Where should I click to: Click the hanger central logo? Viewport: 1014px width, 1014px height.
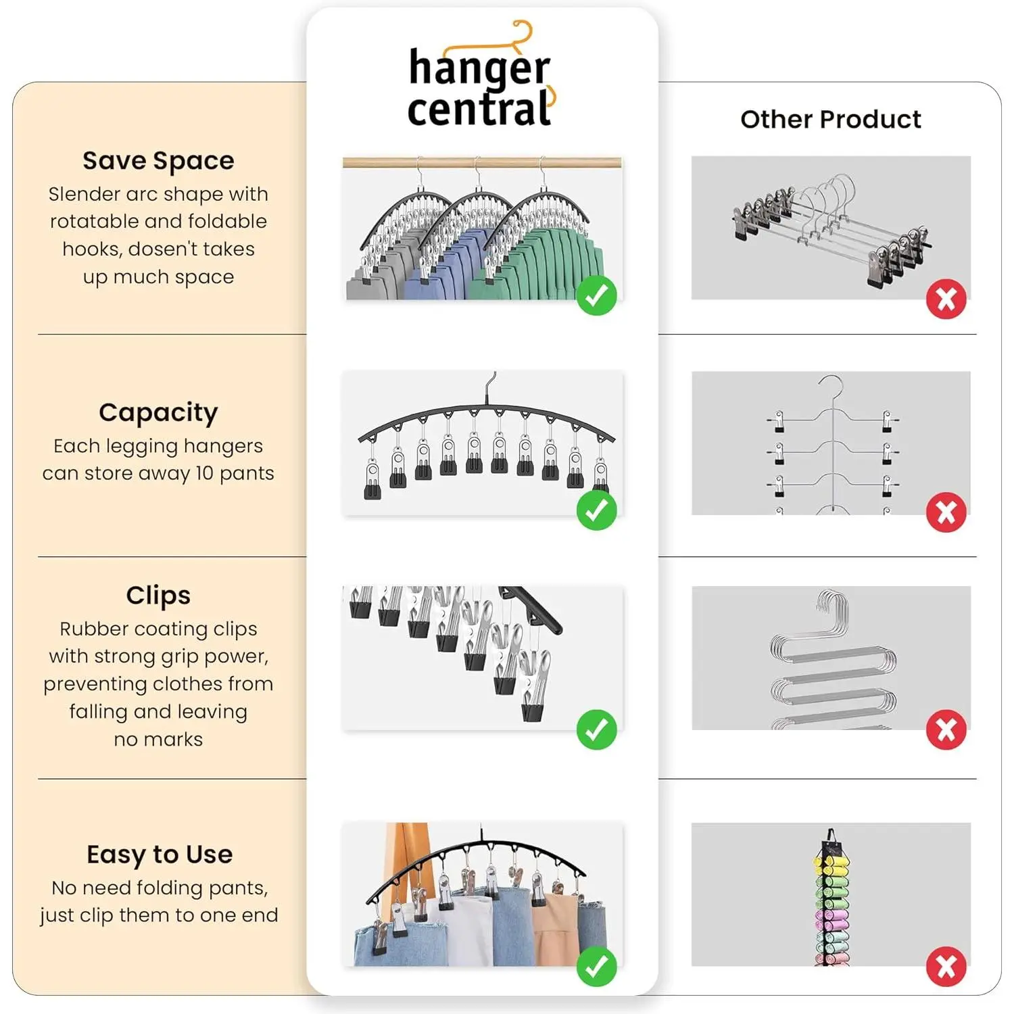[x=481, y=76]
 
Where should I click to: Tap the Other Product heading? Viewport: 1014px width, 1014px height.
[x=830, y=119]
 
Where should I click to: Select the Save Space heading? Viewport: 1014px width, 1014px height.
[x=158, y=161]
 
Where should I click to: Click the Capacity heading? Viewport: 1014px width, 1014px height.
[x=158, y=412]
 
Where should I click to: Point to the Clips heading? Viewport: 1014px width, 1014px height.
[x=158, y=595]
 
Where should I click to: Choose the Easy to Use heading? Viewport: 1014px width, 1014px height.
[x=160, y=854]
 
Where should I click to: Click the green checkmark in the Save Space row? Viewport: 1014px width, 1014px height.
[x=596, y=295]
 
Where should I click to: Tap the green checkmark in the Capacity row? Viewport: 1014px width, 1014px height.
[x=596, y=510]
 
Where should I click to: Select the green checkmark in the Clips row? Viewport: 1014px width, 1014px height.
[x=596, y=729]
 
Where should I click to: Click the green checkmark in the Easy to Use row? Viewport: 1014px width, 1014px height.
[x=596, y=967]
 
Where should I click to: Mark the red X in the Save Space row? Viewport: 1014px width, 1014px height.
[x=946, y=298]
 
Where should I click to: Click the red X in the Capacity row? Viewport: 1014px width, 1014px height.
[x=946, y=512]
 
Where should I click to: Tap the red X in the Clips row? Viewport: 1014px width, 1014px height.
[x=946, y=730]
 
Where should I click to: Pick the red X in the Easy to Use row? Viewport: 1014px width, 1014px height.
[x=946, y=967]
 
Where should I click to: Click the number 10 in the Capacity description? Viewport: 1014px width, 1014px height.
[x=204, y=473]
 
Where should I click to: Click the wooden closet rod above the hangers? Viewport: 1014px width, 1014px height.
[x=482, y=162]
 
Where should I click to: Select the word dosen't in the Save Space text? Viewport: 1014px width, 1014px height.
[x=159, y=249]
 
